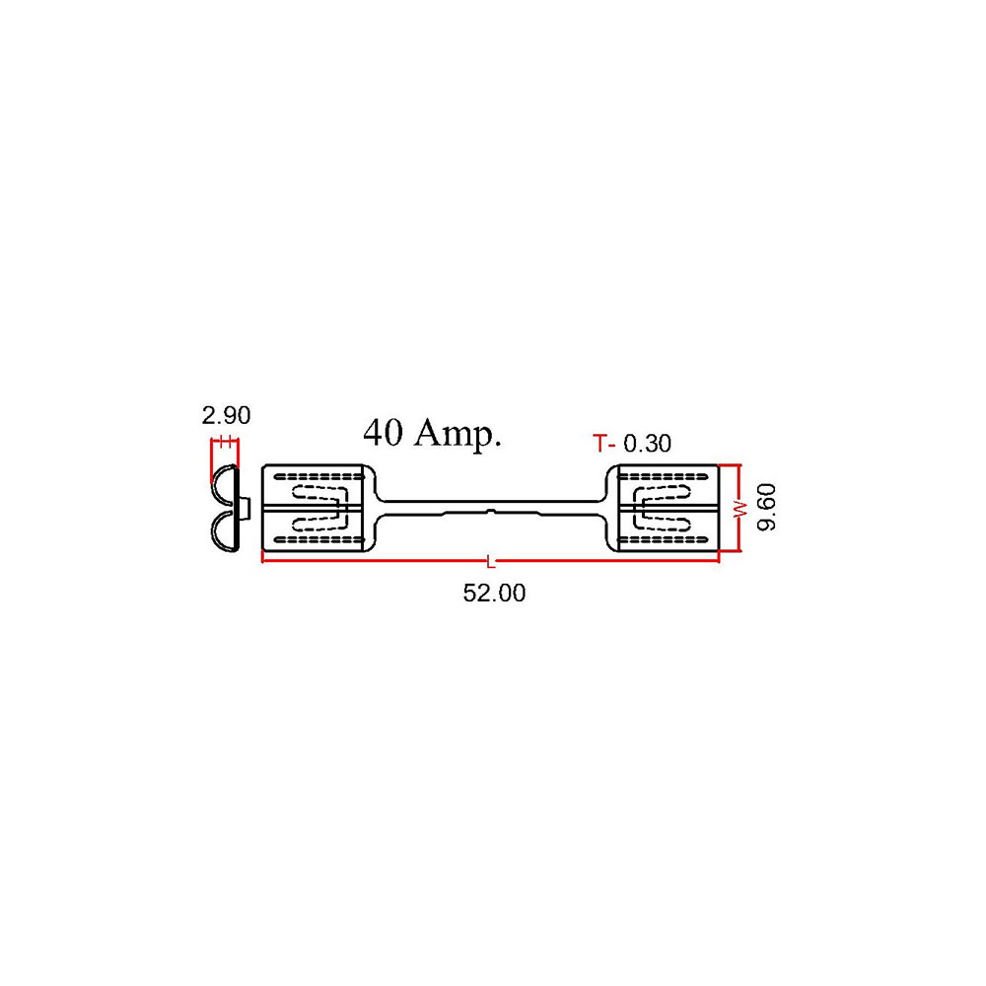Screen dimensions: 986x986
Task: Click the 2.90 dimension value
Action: (x=226, y=416)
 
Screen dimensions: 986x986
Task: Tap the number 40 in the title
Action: (x=383, y=433)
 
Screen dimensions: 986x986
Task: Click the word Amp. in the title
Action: (x=458, y=434)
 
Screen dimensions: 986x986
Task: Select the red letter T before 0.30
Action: (x=600, y=444)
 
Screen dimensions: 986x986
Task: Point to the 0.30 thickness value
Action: (x=647, y=444)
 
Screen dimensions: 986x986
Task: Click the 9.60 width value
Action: (x=766, y=508)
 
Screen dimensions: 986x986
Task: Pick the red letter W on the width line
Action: (x=742, y=510)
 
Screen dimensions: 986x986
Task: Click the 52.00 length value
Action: (x=494, y=593)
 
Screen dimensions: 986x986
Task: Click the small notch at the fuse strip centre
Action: (x=491, y=512)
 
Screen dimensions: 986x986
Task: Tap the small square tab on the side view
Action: (x=246, y=507)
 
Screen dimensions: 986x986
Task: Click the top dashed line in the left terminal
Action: (x=318, y=476)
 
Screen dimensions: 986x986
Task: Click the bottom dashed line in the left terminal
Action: (x=318, y=539)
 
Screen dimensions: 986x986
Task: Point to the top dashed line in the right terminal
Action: (x=664, y=476)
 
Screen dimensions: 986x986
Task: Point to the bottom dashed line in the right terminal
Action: (x=664, y=539)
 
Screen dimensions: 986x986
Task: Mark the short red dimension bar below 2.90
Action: (x=225, y=442)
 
